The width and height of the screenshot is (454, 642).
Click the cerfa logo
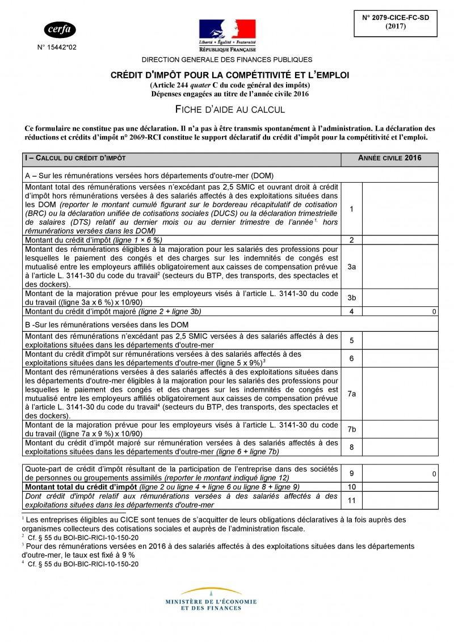(x=60, y=29)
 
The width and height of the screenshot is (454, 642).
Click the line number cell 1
(x=351, y=209)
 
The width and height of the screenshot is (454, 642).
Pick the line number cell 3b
(x=351, y=297)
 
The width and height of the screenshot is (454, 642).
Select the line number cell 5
(x=351, y=340)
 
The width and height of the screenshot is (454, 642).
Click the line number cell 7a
(x=351, y=393)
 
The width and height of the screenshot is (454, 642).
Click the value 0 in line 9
(x=434, y=474)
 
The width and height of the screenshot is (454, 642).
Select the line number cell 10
(x=351, y=487)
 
